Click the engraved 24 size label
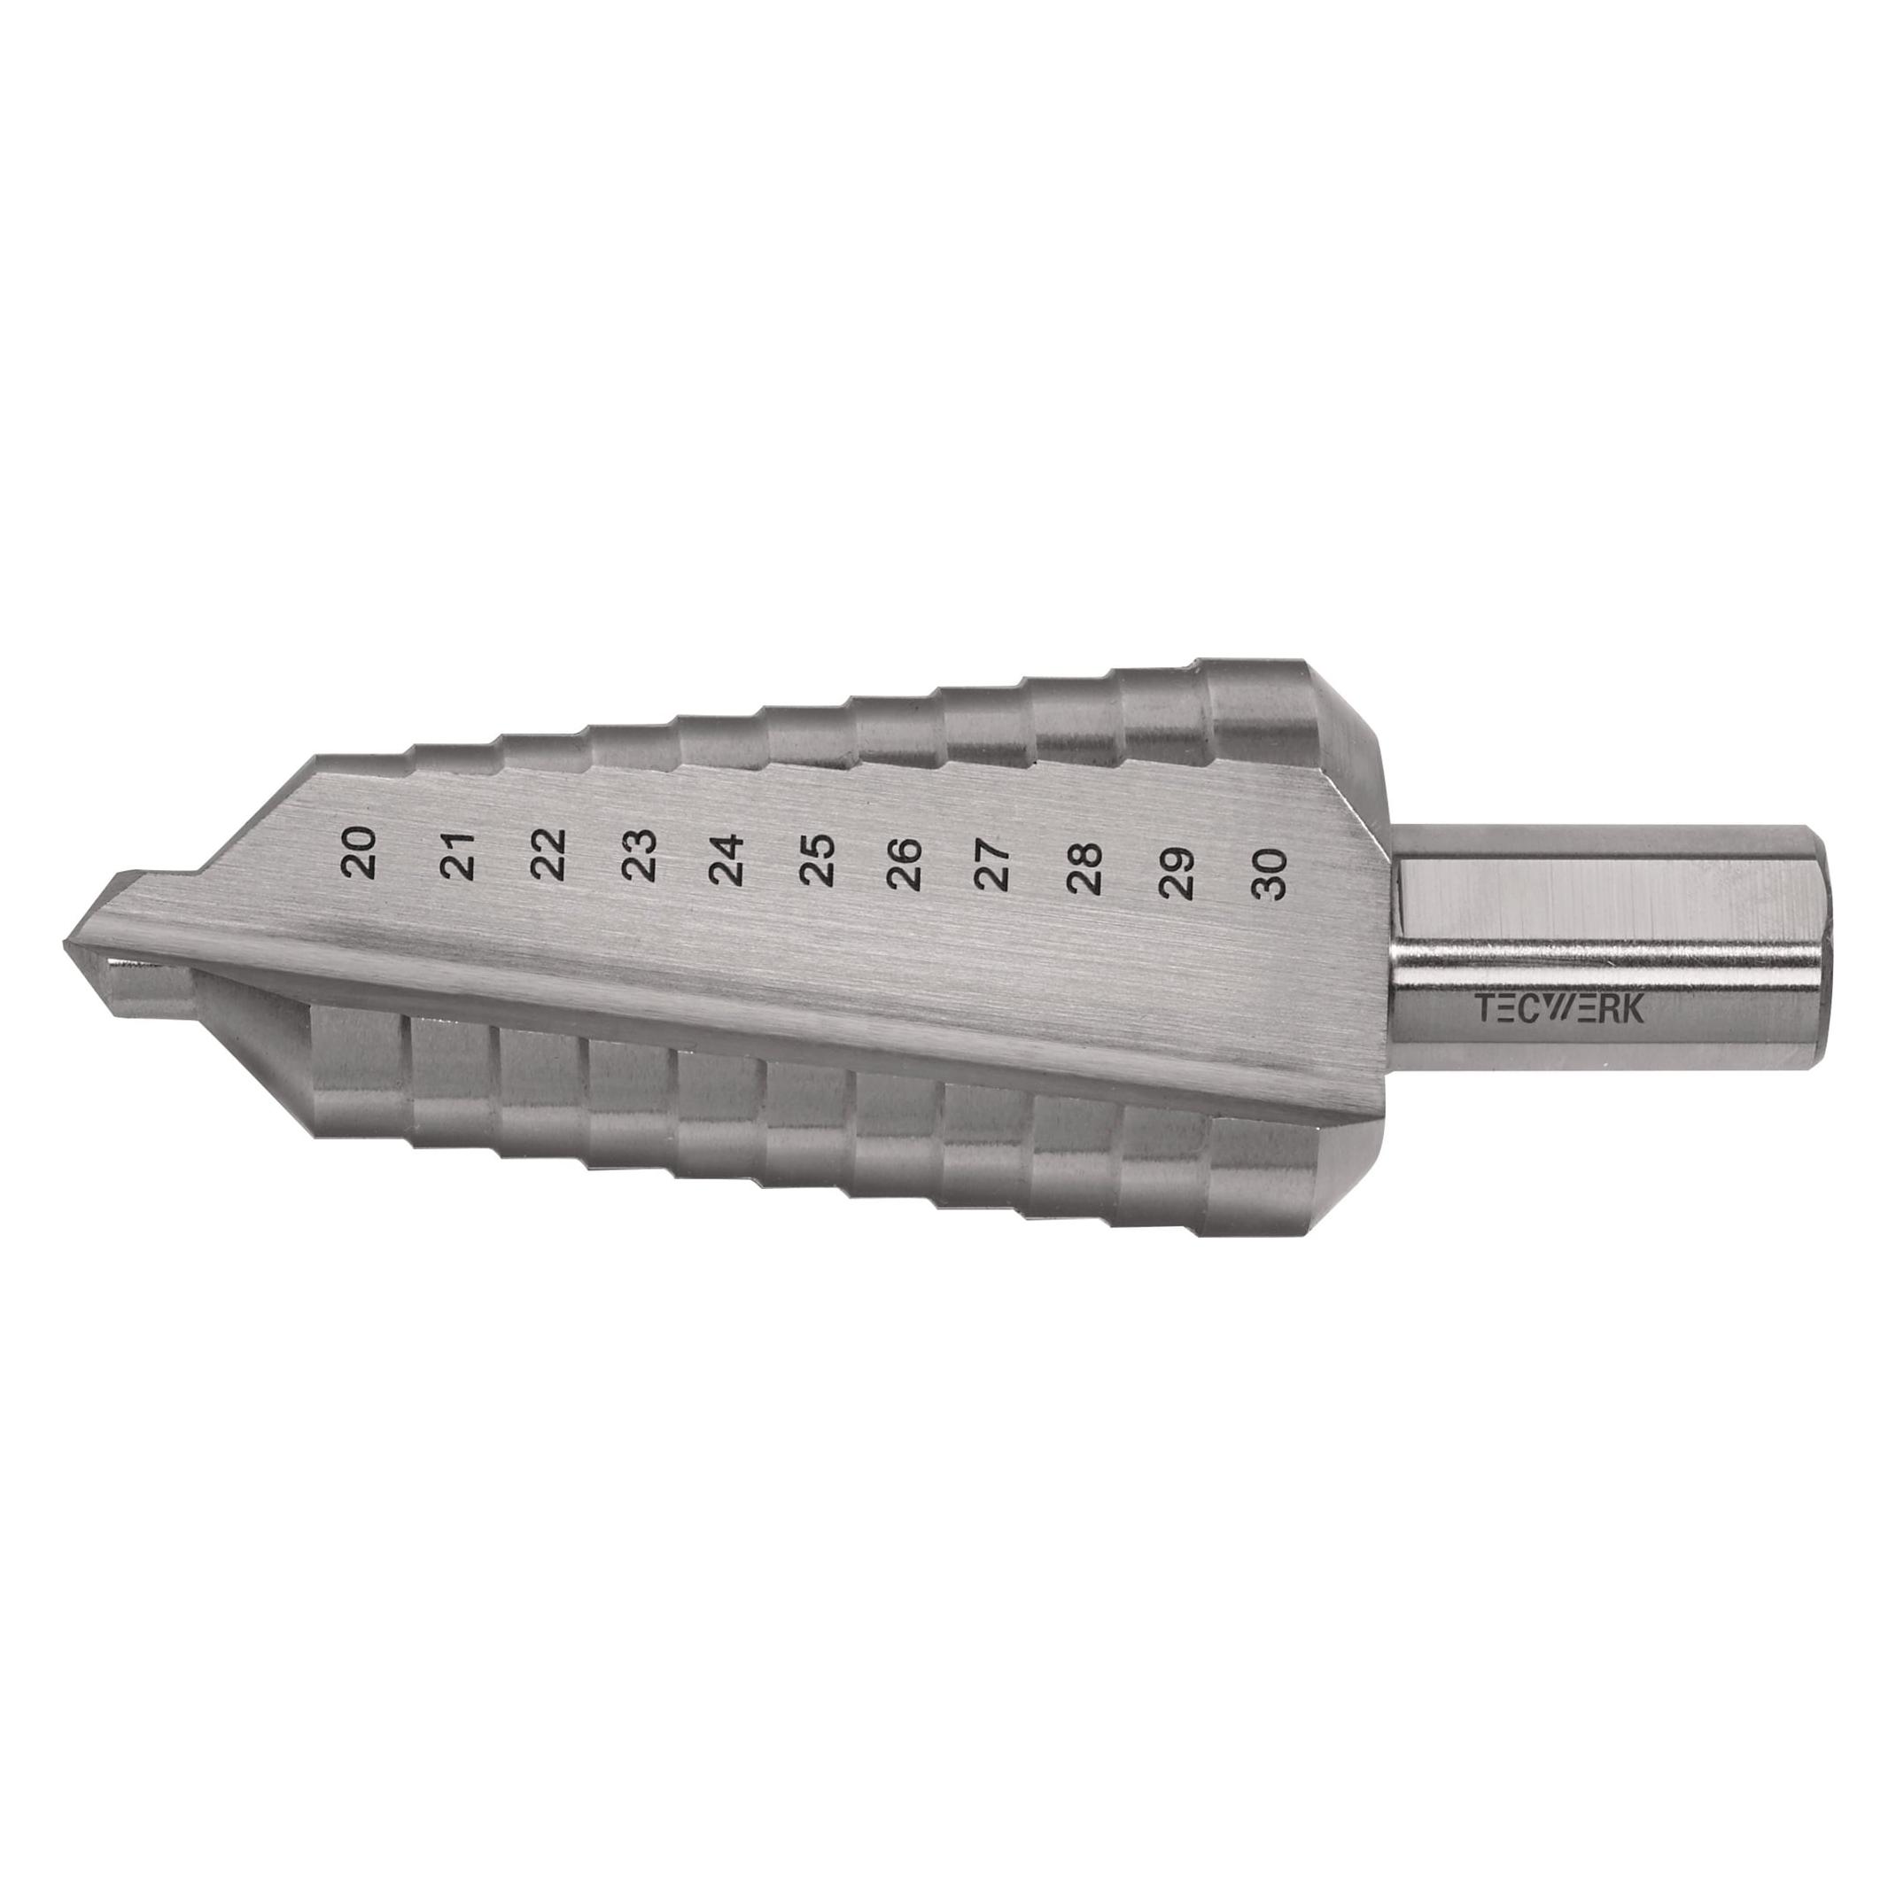(x=728, y=859)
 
